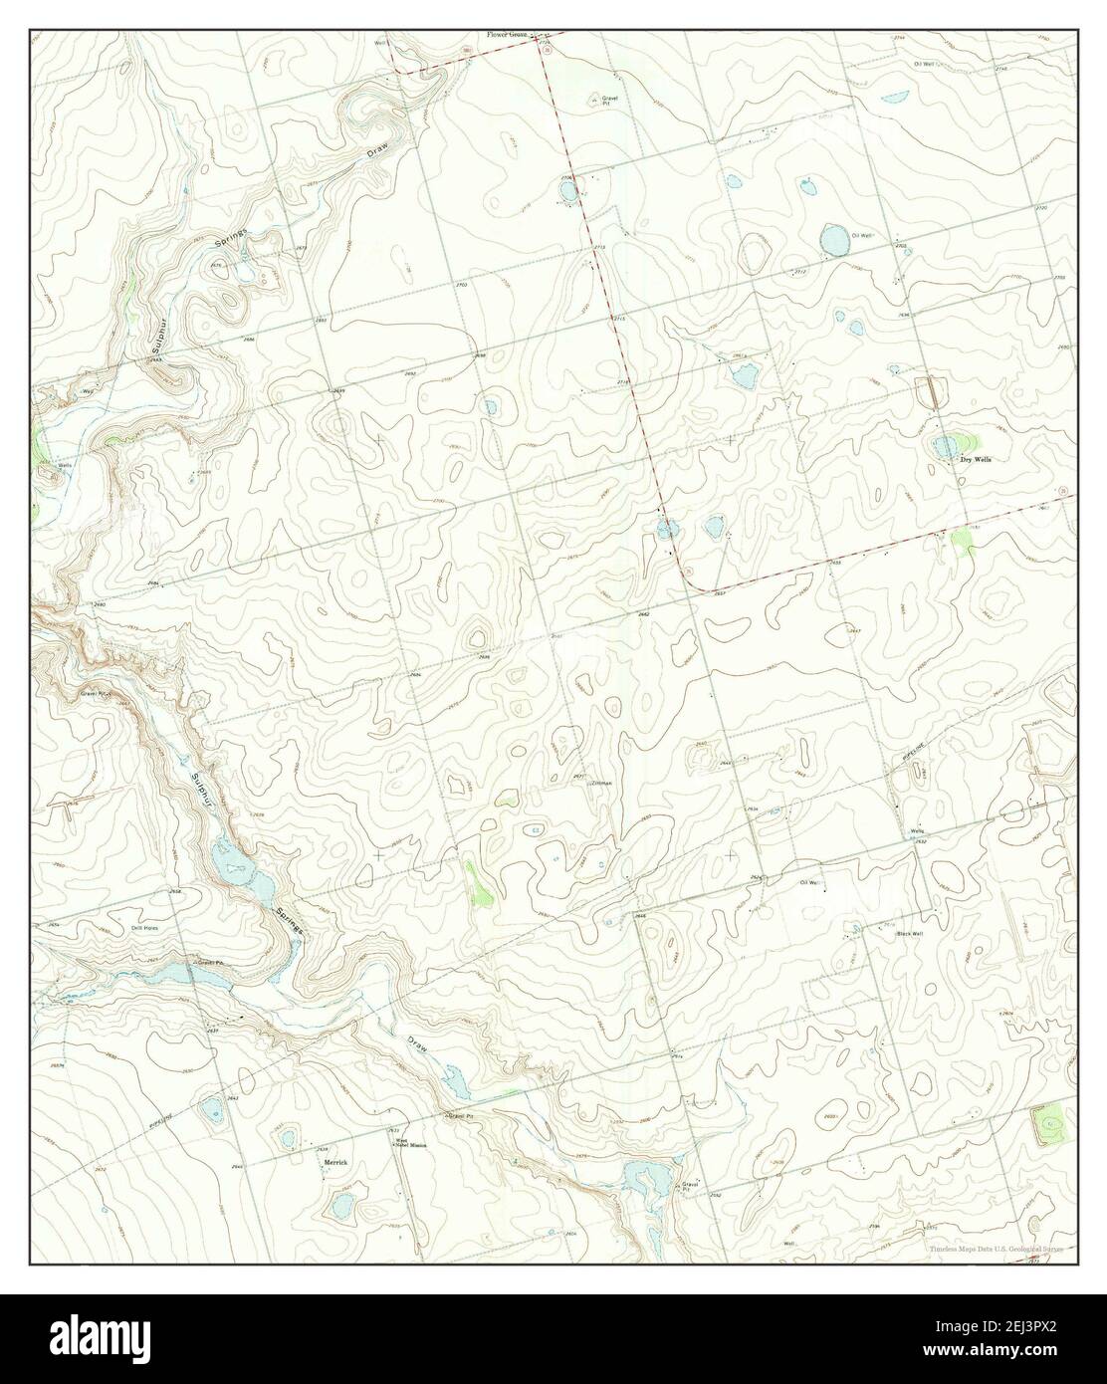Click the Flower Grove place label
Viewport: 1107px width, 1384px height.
click(507, 35)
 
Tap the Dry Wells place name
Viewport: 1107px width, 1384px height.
click(976, 460)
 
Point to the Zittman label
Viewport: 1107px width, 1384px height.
click(600, 784)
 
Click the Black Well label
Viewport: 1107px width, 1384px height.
click(910, 934)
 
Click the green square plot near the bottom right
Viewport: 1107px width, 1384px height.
click(1050, 1124)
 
